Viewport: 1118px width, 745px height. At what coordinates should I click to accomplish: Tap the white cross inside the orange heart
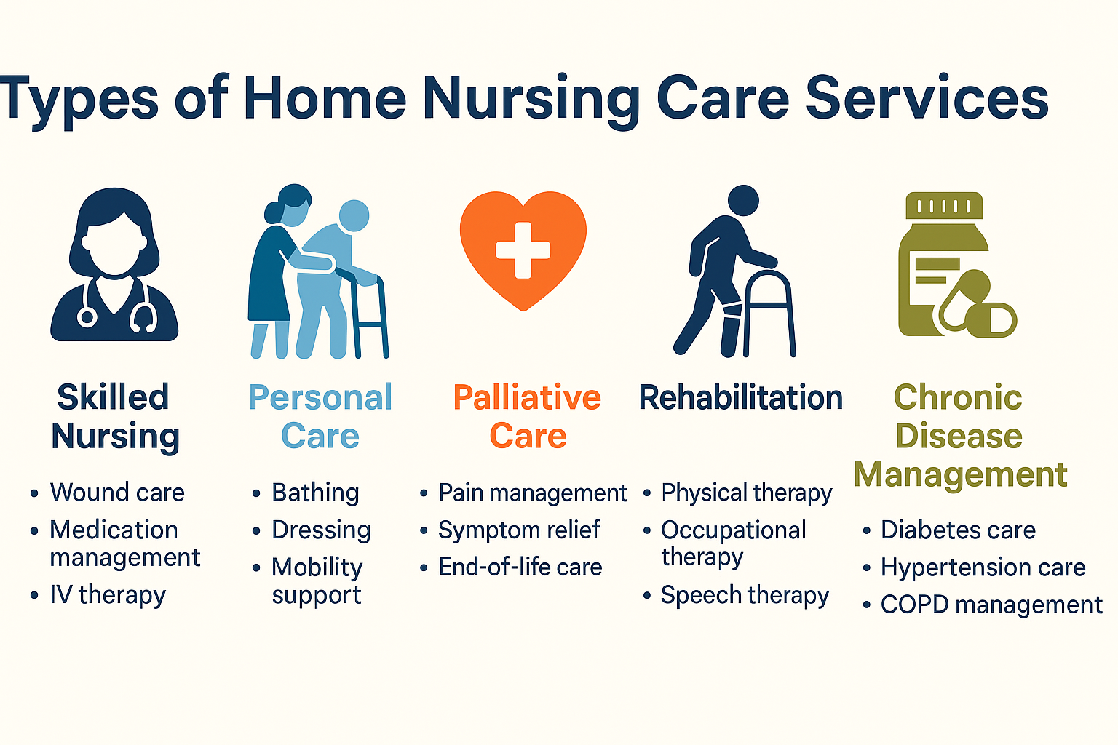(523, 250)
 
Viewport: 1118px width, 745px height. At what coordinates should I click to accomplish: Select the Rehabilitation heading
(741, 398)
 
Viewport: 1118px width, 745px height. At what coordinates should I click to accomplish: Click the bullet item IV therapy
(108, 595)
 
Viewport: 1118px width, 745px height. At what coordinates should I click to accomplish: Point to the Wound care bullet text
(117, 493)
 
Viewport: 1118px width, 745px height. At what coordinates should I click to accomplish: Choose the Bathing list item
(315, 493)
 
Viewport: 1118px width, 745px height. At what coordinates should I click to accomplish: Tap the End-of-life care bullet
(520, 567)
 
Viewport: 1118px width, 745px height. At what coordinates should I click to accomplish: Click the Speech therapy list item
(745, 595)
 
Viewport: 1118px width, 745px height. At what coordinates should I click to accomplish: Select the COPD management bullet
(991, 605)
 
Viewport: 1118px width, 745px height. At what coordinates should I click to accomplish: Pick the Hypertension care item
(983, 567)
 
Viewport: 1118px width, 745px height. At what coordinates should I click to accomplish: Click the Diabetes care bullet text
(958, 530)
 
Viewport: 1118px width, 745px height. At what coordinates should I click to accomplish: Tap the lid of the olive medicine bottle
(944, 206)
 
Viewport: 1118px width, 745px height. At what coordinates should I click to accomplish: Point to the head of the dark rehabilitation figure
(743, 201)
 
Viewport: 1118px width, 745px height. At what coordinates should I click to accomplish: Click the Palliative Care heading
(527, 416)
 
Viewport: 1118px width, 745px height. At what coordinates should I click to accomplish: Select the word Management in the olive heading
(960, 474)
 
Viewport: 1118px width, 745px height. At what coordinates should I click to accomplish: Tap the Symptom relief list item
(519, 530)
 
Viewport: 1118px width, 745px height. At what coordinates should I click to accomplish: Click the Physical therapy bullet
(747, 493)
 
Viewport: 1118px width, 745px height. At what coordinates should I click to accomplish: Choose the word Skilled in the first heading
(114, 397)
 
